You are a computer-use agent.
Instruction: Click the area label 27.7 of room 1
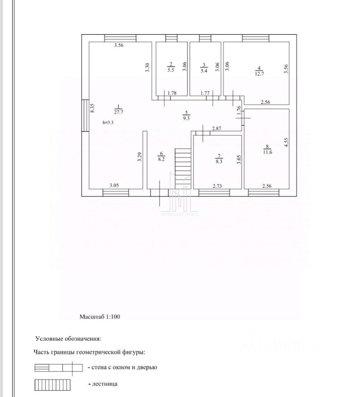tap(118, 112)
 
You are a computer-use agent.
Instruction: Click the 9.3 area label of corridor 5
tap(186, 118)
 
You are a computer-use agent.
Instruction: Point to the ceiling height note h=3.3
tap(109, 122)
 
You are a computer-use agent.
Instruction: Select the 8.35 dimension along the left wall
tap(93, 108)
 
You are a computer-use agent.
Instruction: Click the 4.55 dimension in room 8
tap(285, 142)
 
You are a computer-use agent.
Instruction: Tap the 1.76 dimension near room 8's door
tap(238, 110)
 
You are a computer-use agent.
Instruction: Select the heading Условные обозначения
tap(68, 339)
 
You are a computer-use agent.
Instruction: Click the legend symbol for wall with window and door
tap(56, 367)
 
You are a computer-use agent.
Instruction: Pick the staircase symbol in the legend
tap(52, 385)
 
